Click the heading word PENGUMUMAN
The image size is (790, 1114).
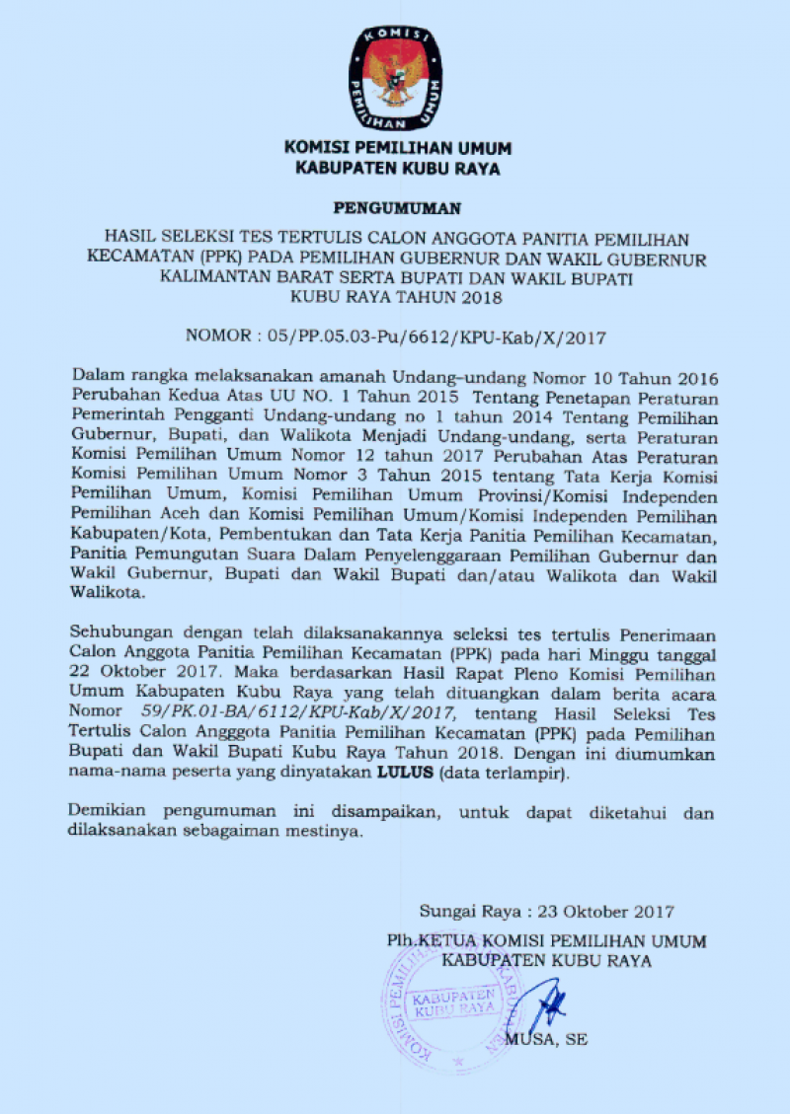point(396,208)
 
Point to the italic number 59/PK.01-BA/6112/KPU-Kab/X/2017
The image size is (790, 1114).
point(290,710)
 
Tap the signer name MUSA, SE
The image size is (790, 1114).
point(546,1040)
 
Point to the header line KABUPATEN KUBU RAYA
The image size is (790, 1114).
point(397,168)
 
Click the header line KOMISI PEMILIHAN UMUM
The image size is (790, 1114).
point(397,148)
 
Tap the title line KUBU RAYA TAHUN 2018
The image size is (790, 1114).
point(396,296)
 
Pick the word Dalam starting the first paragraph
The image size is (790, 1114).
point(96,377)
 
